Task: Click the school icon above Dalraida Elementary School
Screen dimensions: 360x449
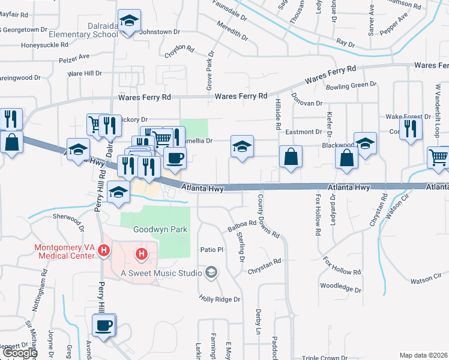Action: click(x=128, y=22)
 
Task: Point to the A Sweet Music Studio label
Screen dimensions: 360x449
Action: click(x=161, y=274)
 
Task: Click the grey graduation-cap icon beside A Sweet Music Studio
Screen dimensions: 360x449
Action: click(x=211, y=274)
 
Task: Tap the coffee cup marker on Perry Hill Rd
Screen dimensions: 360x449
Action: click(x=104, y=326)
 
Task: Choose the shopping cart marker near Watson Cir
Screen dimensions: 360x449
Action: click(x=439, y=157)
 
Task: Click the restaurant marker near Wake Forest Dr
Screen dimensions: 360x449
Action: click(x=411, y=130)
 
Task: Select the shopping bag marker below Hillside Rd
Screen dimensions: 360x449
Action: click(x=291, y=157)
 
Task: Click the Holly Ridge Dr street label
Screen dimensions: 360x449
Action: click(x=220, y=299)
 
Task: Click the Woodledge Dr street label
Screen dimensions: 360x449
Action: click(x=341, y=289)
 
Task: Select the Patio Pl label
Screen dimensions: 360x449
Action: click(x=211, y=250)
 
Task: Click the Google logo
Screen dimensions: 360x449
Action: click(x=20, y=353)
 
